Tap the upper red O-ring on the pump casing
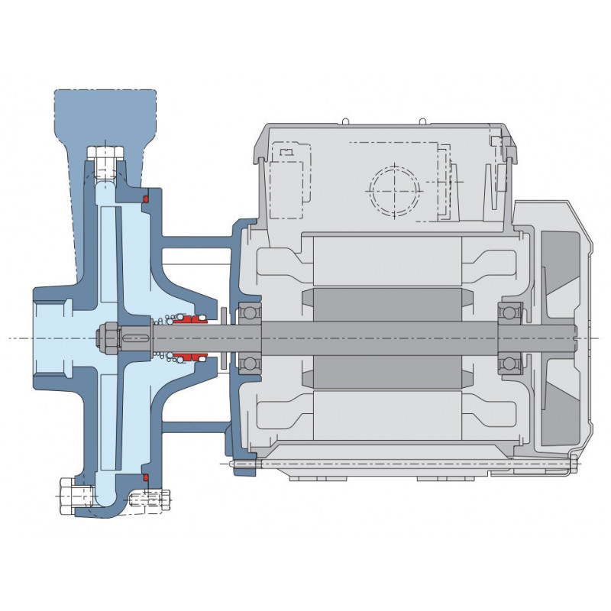(145, 200)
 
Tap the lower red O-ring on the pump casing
(145, 478)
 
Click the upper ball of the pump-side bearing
(249, 312)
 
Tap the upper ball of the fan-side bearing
(509, 312)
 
